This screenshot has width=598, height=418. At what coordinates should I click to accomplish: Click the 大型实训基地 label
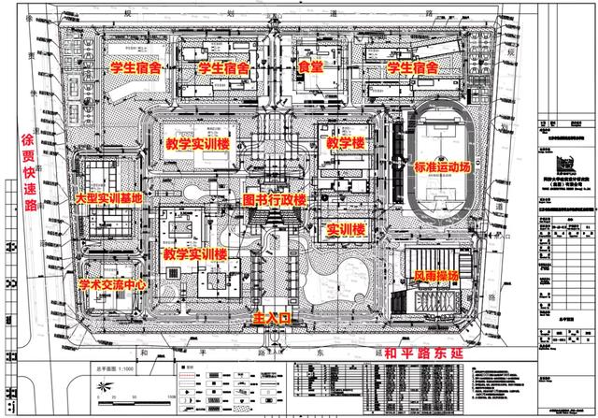(x=109, y=198)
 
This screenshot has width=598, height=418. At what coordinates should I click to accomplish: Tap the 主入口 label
(x=274, y=319)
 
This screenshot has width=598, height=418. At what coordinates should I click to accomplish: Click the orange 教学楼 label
(x=345, y=143)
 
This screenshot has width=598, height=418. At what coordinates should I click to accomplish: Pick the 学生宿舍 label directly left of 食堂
(x=223, y=68)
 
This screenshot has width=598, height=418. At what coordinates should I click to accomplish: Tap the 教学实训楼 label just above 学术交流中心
(x=194, y=252)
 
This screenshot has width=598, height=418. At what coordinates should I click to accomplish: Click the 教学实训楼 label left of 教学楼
(x=199, y=145)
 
